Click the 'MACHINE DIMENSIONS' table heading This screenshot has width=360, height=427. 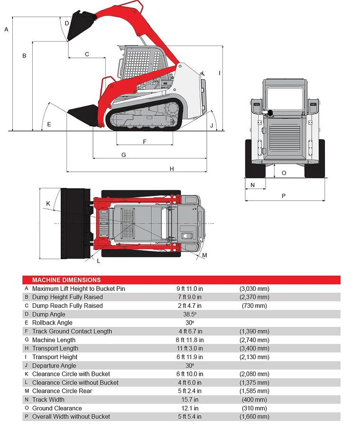(x=66, y=280)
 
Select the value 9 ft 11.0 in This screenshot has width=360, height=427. (x=190, y=288)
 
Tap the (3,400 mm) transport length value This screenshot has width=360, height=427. (x=254, y=348)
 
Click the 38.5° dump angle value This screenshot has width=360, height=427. (x=190, y=314)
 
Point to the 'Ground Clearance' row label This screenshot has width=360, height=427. (x=57, y=408)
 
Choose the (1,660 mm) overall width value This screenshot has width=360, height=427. (x=254, y=417)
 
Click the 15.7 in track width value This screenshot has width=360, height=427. (x=190, y=399)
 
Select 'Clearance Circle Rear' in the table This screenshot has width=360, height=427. (x=62, y=391)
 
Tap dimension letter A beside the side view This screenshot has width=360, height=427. (x=6, y=29)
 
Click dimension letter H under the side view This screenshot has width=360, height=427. (x=172, y=168)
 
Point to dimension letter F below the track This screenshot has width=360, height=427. (x=144, y=141)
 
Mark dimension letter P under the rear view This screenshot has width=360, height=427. (x=284, y=195)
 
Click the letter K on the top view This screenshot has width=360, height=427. (x=48, y=204)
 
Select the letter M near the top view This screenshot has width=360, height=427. (x=204, y=255)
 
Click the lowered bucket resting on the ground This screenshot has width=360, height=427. (x=83, y=114)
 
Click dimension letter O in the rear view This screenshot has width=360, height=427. (x=284, y=173)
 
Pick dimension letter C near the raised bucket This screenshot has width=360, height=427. (x=87, y=54)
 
